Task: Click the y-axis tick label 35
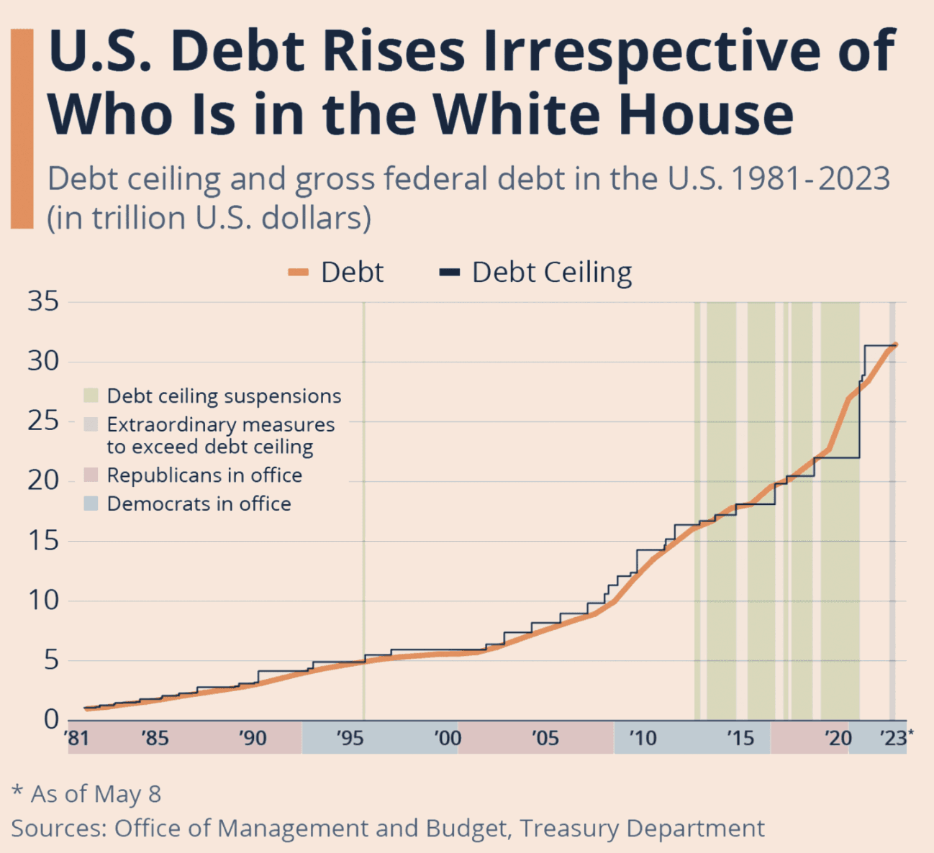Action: click(x=43, y=301)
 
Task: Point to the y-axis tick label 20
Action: click(x=43, y=480)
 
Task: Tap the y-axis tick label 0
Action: click(x=51, y=719)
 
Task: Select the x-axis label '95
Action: click(x=349, y=739)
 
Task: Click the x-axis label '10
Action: click(x=642, y=739)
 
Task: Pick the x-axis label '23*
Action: click(x=896, y=738)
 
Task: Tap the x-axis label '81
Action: click(x=76, y=739)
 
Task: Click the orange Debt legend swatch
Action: click(x=298, y=273)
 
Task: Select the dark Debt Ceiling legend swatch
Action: click(x=450, y=273)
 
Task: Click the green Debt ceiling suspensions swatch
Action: click(x=91, y=396)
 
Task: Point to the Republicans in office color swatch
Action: click(x=91, y=475)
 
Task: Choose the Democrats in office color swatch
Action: click(x=91, y=503)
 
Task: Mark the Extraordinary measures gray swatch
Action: click(x=91, y=424)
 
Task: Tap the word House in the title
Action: click(x=706, y=115)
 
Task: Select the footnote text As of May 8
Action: click(x=96, y=794)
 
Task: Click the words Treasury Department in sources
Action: click(x=643, y=829)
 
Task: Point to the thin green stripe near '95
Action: click(x=364, y=503)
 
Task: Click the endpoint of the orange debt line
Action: click(x=895, y=345)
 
